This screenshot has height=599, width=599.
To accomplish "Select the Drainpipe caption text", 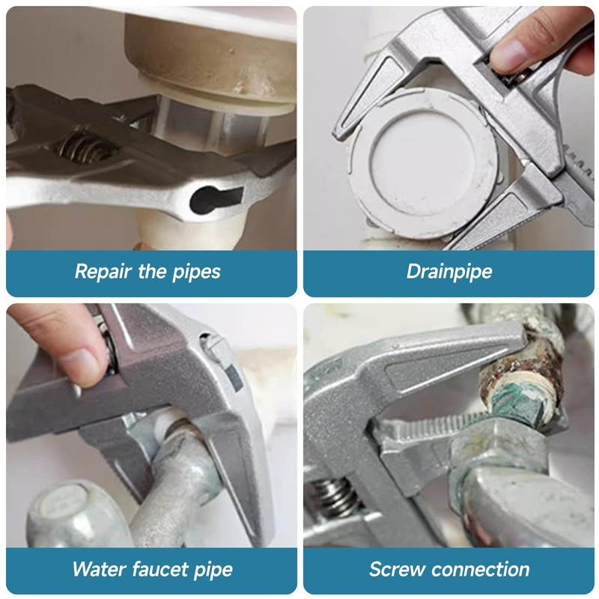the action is (x=449, y=272).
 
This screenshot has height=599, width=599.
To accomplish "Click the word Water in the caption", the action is (x=99, y=569).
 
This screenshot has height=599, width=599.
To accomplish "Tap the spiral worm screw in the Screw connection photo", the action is (x=336, y=496).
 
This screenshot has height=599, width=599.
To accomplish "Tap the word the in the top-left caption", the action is (x=152, y=271).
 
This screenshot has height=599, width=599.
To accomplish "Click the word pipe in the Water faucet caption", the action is (x=213, y=570).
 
